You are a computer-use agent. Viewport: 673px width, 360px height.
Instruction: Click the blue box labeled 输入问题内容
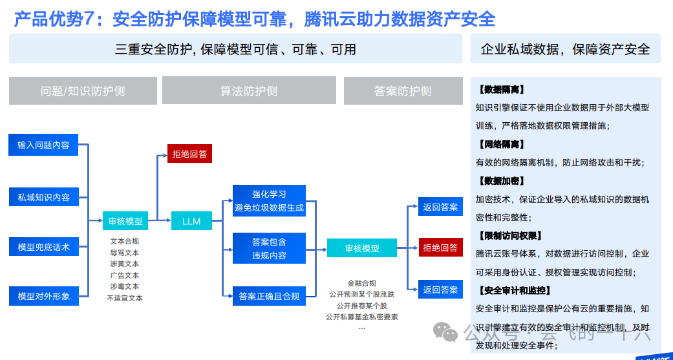coord(43,145)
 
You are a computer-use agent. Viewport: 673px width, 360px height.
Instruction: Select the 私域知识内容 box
coord(43,196)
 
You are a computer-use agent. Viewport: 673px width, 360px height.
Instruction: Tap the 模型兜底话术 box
coord(43,246)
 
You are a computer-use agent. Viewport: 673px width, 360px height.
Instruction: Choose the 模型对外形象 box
coord(43,296)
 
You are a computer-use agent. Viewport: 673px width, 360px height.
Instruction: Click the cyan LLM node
coord(191,221)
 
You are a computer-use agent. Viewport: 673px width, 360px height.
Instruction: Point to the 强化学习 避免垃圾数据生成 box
coord(269,200)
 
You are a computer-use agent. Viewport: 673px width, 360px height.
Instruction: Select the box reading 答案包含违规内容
coord(269,248)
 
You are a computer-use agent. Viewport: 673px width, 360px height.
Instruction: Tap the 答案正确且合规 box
coord(269,296)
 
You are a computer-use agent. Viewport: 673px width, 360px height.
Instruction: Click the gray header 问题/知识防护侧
coord(83,91)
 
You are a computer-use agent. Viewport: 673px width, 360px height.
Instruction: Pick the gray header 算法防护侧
coord(249,91)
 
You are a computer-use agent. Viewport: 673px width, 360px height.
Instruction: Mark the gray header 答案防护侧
coord(403,91)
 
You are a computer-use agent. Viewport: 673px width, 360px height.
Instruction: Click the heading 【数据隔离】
coord(502,89)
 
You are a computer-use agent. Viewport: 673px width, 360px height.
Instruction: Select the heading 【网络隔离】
coord(502,144)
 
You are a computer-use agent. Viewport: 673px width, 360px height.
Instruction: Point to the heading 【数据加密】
coord(502,181)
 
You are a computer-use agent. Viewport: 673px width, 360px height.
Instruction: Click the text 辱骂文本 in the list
coord(124,253)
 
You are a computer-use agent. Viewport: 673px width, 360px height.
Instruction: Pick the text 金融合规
coord(361,283)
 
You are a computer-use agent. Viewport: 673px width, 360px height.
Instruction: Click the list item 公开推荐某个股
coord(361,305)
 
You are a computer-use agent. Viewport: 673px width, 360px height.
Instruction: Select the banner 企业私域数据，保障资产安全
coord(566,49)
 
